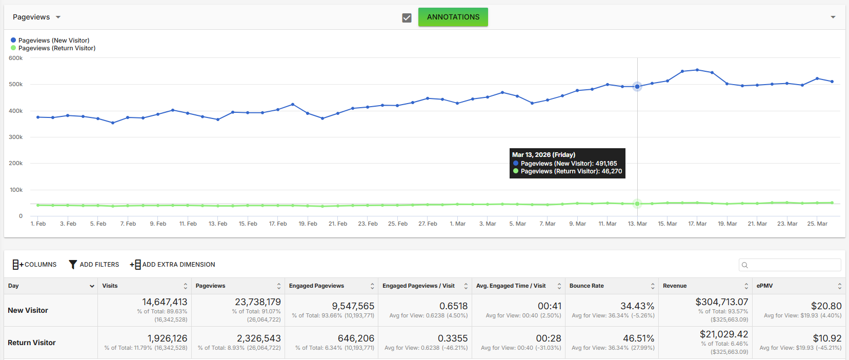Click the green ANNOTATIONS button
(453, 17)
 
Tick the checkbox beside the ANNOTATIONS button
(407, 18)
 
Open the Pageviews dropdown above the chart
(36, 17)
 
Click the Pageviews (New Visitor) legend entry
(50, 40)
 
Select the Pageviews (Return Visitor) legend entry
(53, 48)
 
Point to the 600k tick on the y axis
(16, 58)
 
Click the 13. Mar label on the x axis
(637, 224)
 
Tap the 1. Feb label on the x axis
(38, 224)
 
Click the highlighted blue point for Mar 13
(637, 87)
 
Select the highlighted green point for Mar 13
(637, 204)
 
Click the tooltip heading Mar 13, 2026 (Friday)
(543, 154)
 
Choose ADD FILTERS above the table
(94, 265)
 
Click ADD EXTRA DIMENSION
(172, 265)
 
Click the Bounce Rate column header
(587, 286)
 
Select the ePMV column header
(764, 286)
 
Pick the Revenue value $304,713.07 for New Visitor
(722, 302)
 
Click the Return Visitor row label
(32, 343)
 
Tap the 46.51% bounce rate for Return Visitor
(637, 338)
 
